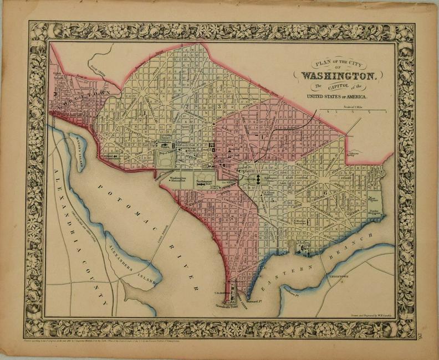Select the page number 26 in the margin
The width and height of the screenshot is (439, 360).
point(411,334)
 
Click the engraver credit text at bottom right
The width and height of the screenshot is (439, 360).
point(363,314)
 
